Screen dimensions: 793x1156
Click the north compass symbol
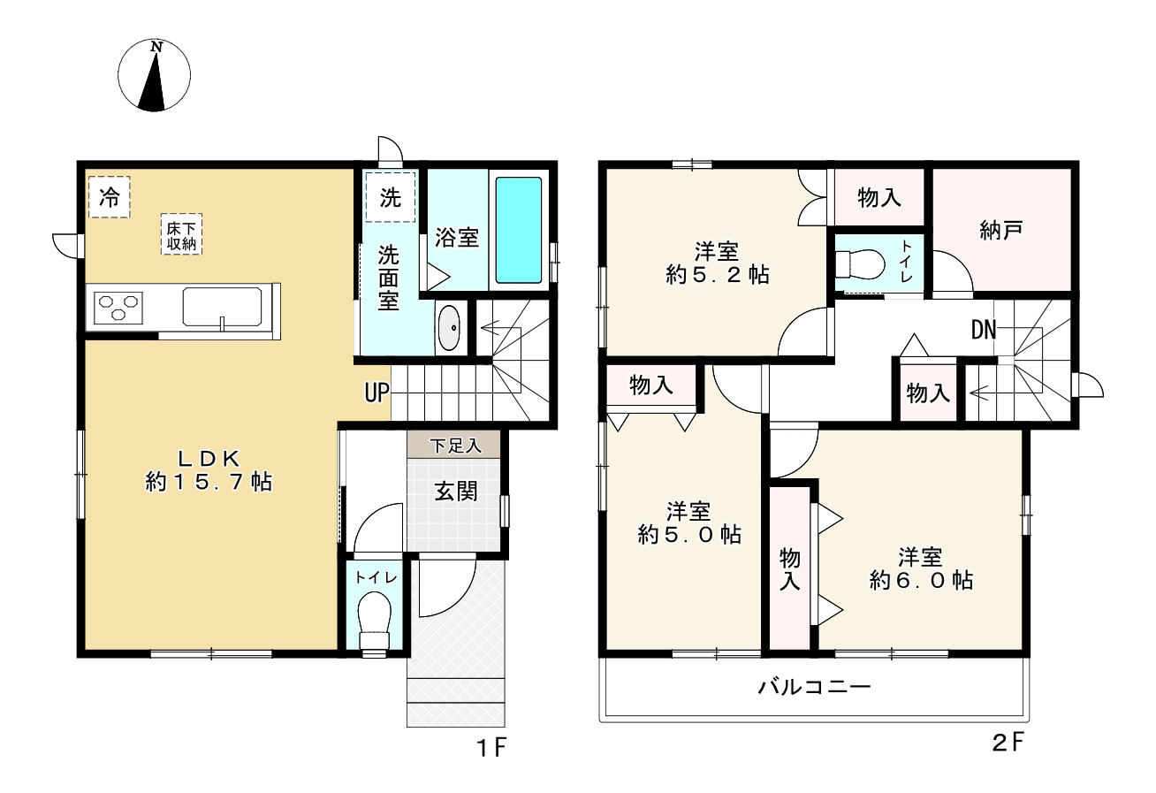[154, 76]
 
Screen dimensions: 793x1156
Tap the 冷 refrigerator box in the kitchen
[109, 196]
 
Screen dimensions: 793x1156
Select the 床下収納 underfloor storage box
[181, 234]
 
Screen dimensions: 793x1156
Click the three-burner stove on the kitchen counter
[119, 308]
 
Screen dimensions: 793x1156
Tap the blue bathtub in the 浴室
[518, 229]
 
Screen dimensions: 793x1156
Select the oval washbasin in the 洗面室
[450, 328]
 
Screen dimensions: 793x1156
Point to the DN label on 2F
[984, 331]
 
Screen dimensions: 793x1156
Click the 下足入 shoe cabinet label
[456, 445]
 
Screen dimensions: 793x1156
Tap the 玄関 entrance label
[455, 492]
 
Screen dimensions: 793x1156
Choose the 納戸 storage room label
[1001, 231]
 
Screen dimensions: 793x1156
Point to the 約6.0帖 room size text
[921, 580]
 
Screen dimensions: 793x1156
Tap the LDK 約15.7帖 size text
[209, 482]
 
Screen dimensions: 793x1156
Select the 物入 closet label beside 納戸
[879, 198]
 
